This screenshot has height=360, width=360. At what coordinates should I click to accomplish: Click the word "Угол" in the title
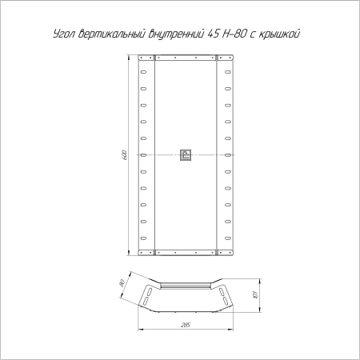coord(65,35)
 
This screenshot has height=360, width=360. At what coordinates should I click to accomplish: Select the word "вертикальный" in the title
coord(114,35)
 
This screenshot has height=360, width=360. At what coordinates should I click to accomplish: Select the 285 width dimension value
coord(186,324)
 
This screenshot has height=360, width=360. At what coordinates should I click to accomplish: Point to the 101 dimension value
coord(253,294)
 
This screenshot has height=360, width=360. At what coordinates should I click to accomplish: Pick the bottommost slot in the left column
coord(143,238)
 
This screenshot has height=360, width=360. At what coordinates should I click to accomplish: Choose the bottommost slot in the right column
coord(227,238)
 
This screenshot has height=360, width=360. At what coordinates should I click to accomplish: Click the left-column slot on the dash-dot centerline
coord(143,154)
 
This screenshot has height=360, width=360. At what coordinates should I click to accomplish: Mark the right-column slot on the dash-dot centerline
coord(227,154)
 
